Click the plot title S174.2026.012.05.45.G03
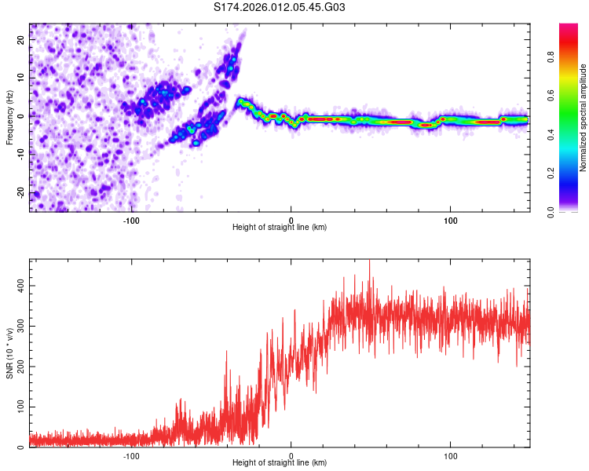click(280, 8)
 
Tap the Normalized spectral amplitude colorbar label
click(584, 118)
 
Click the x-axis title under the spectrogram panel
click(280, 228)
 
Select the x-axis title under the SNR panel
click(280, 463)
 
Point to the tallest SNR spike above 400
click(369, 261)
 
